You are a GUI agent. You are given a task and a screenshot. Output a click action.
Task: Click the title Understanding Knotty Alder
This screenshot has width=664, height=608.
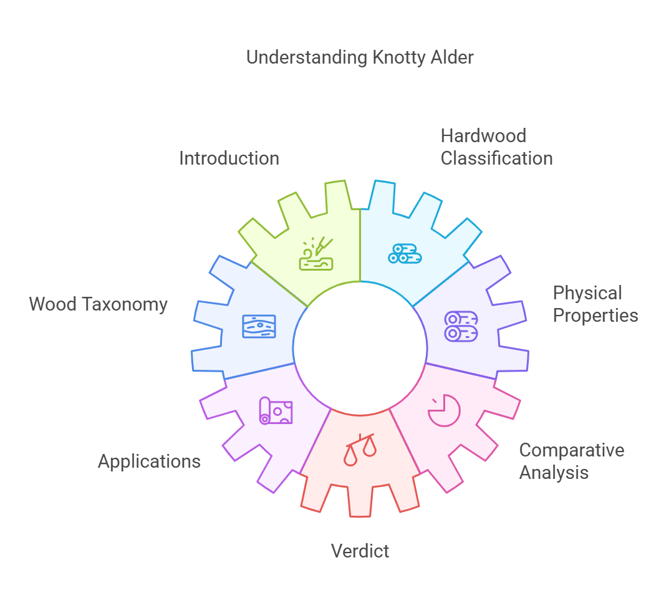pos(360,57)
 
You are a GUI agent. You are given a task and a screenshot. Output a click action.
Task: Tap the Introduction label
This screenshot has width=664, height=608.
pos(229,158)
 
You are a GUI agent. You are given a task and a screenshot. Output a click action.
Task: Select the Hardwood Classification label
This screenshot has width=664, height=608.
pos(496,147)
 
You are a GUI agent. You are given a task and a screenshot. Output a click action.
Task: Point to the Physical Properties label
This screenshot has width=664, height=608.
pos(595,304)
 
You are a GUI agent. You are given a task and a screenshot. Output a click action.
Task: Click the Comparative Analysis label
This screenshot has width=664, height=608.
pos(571,461)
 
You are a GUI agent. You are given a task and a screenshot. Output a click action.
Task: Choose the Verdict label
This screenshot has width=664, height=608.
pos(360,551)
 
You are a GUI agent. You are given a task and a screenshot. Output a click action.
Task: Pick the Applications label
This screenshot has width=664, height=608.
pos(149,461)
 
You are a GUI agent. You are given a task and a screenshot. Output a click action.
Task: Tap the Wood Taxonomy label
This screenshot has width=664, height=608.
pos(99,304)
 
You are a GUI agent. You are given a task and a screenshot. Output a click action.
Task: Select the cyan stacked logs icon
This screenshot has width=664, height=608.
pos(405,253)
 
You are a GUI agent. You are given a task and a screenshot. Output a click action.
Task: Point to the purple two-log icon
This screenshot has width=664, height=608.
pos(461,326)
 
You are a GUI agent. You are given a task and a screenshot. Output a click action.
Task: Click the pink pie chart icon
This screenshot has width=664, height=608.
pos(444,410)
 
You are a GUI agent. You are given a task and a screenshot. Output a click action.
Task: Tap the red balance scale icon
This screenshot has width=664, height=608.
pos(360,449)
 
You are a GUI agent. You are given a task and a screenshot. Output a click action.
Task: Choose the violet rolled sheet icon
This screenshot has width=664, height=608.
pos(276,410)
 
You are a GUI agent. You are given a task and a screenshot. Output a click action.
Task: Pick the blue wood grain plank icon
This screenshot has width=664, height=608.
pos(259,326)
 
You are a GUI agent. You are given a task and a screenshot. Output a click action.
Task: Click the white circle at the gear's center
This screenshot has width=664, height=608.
pos(360,348)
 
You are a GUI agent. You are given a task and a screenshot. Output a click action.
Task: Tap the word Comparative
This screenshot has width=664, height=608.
pos(571,450)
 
